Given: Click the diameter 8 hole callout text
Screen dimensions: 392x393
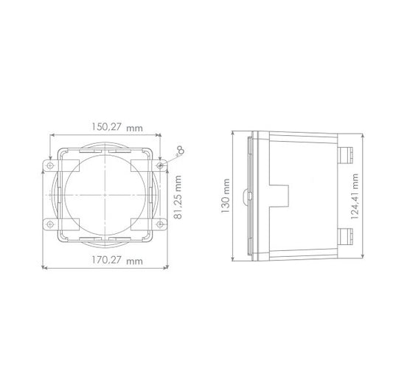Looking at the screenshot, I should coord(178,152).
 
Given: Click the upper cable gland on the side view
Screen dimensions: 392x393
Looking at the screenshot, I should coord(344,154).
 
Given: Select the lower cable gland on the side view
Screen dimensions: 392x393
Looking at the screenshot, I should coord(344,238).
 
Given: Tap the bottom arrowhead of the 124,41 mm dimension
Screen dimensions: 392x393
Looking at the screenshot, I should coord(362,256).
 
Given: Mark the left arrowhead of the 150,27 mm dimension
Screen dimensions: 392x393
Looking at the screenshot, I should coord(51,135).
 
